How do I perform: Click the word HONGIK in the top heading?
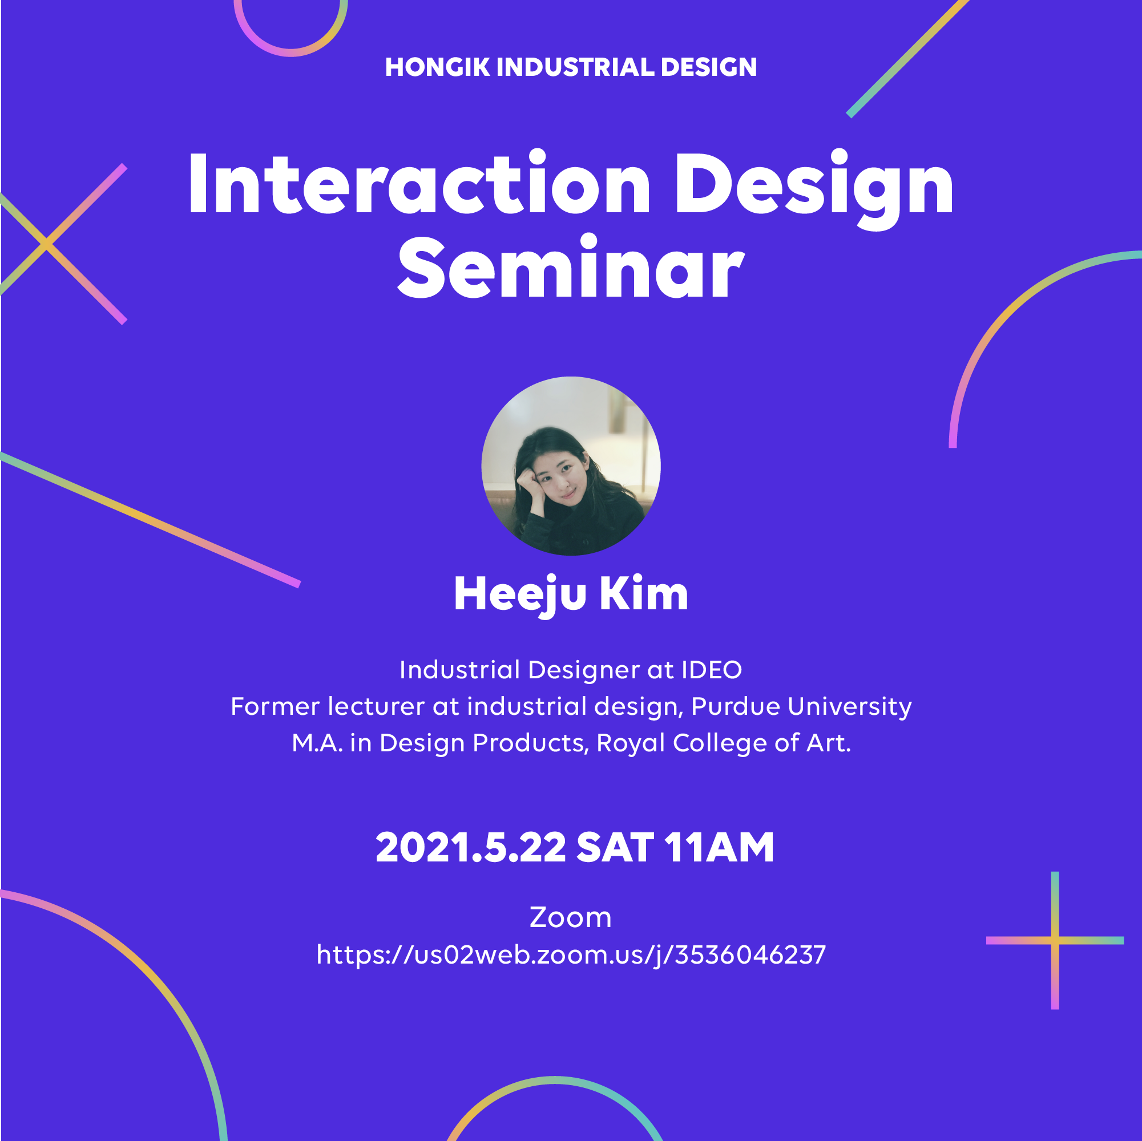pyautogui.click(x=437, y=67)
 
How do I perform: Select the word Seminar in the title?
pyautogui.click(x=570, y=267)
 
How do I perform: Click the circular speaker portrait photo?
pyautogui.click(x=571, y=466)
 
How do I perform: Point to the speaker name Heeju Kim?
pyautogui.click(x=571, y=594)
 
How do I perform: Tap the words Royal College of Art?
pyautogui.click(x=724, y=743)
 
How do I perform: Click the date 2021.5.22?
pyautogui.click(x=471, y=848)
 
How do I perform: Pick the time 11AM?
pyautogui.click(x=719, y=848)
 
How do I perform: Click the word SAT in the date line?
pyautogui.click(x=615, y=848)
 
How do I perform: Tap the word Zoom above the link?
pyautogui.click(x=570, y=917)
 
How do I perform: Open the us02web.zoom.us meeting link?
pyautogui.click(x=571, y=955)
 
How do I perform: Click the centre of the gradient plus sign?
pyautogui.click(x=1055, y=940)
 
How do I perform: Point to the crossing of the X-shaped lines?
pyautogui.click(x=47, y=243)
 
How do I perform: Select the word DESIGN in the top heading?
pyautogui.click(x=709, y=67)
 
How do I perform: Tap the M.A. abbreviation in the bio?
pyautogui.click(x=317, y=743)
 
